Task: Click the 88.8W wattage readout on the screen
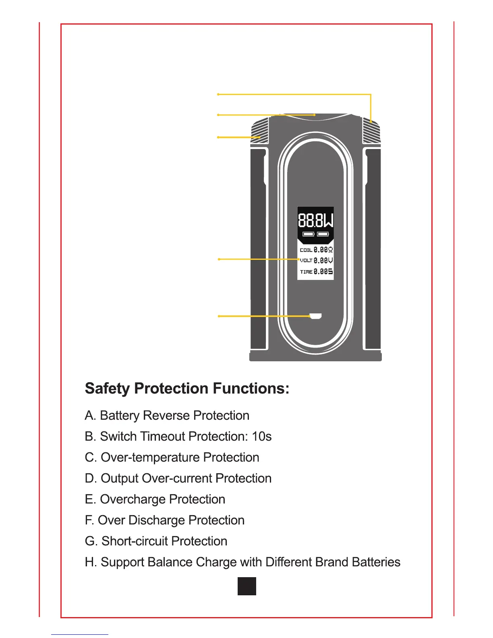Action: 316,220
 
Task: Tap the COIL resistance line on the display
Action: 316,250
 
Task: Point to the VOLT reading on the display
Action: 316,261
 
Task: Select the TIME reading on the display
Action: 316,272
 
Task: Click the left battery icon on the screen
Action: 309,234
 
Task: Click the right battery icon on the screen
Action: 323,234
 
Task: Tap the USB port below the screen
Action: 315,316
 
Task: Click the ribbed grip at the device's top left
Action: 260,131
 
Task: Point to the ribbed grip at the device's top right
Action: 371,131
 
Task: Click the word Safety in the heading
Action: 107,389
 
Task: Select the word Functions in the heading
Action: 251,389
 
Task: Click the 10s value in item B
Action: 262,437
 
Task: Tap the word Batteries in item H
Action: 376,562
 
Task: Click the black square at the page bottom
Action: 246,586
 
